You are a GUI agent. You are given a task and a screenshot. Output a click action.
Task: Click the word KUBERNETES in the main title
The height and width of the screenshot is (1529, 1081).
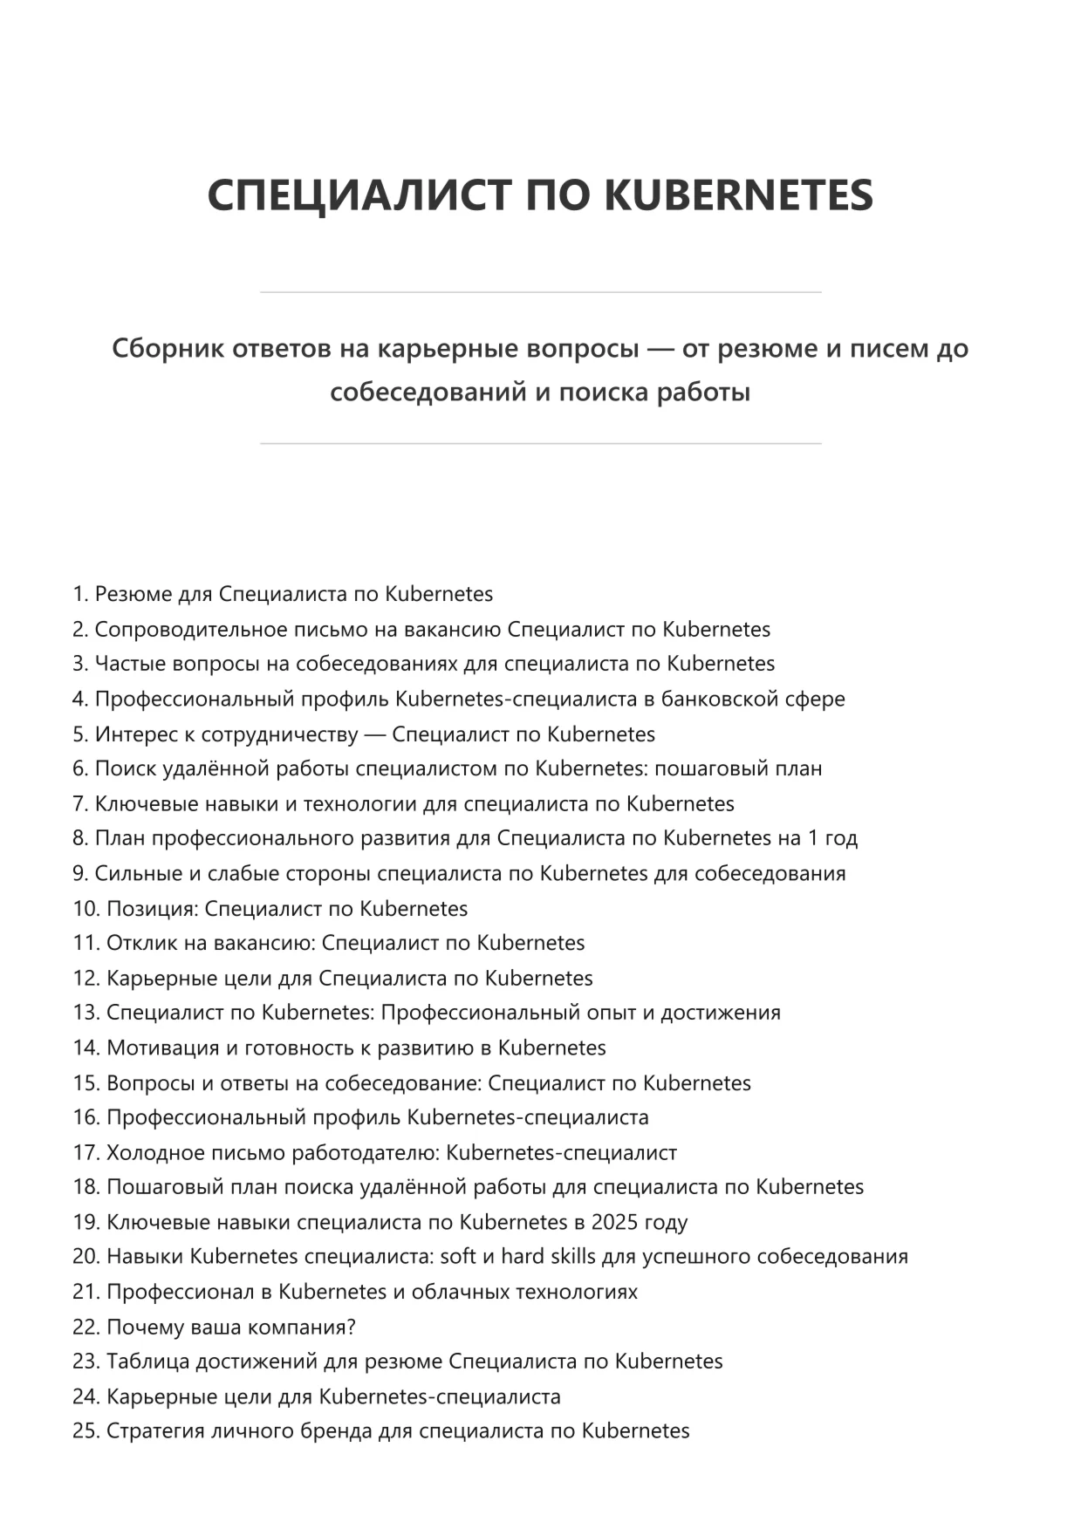[738, 195]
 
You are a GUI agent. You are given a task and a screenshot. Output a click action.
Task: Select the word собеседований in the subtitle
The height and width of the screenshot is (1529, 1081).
[426, 392]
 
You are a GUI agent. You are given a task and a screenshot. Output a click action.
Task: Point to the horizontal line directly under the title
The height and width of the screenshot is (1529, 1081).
[540, 292]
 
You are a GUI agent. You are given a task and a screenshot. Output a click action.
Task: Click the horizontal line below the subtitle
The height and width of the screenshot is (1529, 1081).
[540, 444]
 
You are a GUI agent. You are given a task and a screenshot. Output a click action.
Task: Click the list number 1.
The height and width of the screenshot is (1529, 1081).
[80, 594]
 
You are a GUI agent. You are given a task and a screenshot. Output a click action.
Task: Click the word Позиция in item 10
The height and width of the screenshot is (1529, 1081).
[153, 908]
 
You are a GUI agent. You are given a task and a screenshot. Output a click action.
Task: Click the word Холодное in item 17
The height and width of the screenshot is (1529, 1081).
[153, 1152]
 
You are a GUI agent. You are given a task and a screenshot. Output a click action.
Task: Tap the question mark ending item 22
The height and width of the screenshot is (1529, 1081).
[352, 1327]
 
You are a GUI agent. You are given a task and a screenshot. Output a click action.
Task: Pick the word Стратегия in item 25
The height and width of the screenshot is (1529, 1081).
[155, 1431]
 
